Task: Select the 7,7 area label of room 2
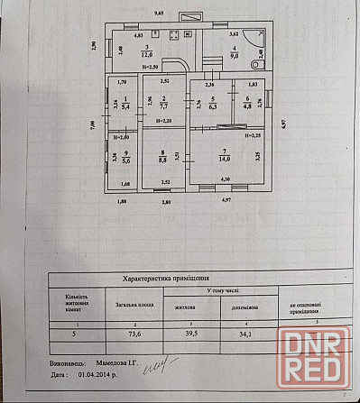point(162,105)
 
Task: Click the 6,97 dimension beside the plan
point(282,124)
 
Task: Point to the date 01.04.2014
point(93,373)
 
